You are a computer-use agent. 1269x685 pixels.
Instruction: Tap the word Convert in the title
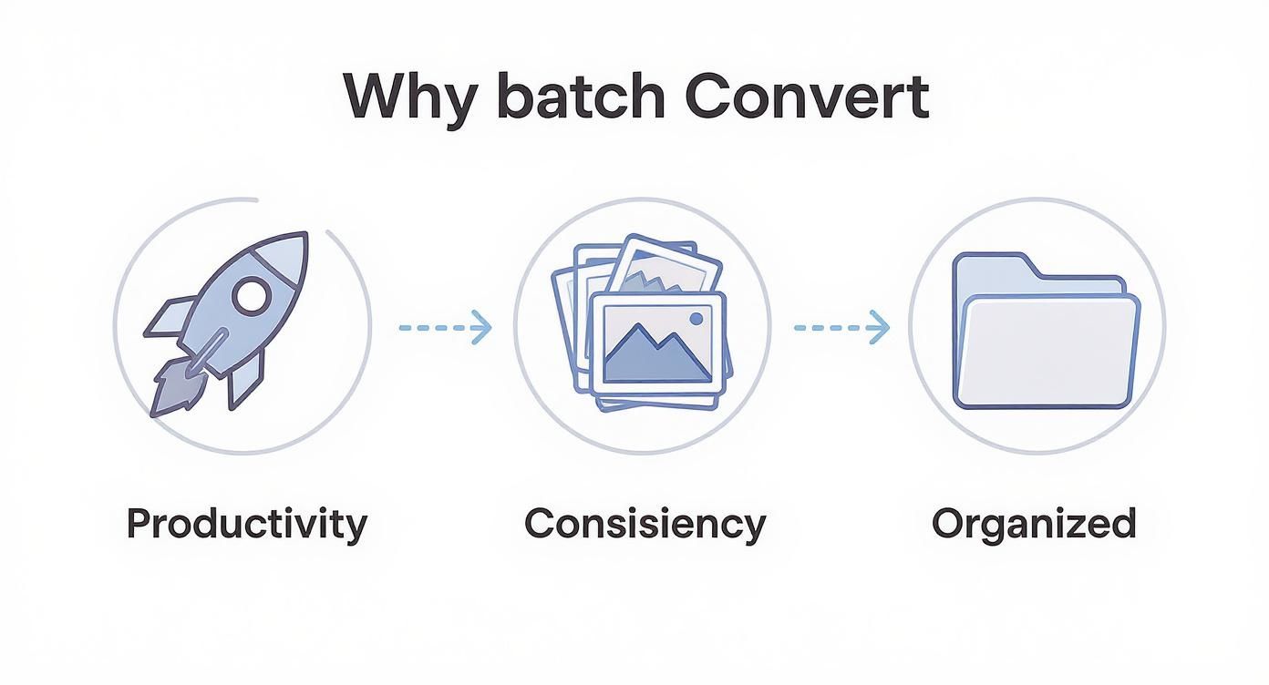[807, 96]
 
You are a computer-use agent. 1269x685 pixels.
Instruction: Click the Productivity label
[246, 525]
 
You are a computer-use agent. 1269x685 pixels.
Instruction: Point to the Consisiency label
[645, 525]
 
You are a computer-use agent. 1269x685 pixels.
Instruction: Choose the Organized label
[1034, 525]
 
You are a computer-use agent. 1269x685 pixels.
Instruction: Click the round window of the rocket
[251, 295]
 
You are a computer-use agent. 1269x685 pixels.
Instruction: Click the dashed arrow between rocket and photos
[445, 326]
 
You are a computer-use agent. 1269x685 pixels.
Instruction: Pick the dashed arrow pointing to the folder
[841, 327]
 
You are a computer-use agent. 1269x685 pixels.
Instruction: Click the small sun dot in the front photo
[697, 318]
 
